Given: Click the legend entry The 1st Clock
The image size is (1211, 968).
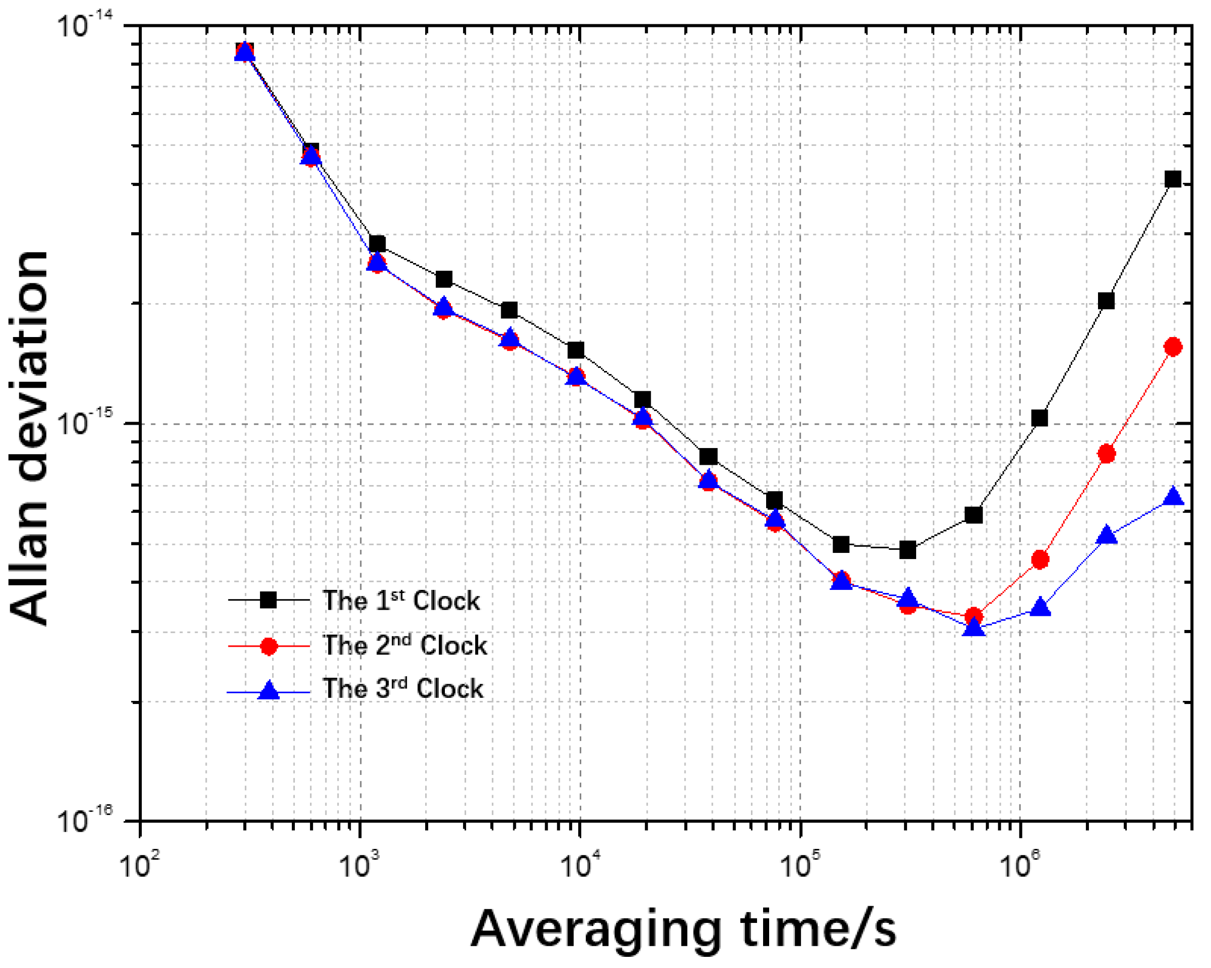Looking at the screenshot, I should tap(400, 601).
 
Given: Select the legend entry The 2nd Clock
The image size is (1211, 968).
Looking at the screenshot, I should tap(404, 646).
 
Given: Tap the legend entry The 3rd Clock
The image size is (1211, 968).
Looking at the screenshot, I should tap(402, 689).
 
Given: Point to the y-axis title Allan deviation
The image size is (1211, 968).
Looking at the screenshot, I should tap(29, 438).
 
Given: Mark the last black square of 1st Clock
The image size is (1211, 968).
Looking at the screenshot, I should tap(1173, 179).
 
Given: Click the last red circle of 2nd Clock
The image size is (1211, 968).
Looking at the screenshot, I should tap(1173, 347).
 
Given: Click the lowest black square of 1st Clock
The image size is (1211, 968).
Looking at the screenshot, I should tap(907, 550).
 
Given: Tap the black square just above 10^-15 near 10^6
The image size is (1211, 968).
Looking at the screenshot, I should tap(1040, 418).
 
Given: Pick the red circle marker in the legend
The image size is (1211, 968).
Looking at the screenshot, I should tap(269, 646).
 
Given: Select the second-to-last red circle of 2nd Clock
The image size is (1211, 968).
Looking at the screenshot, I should tap(1107, 454).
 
